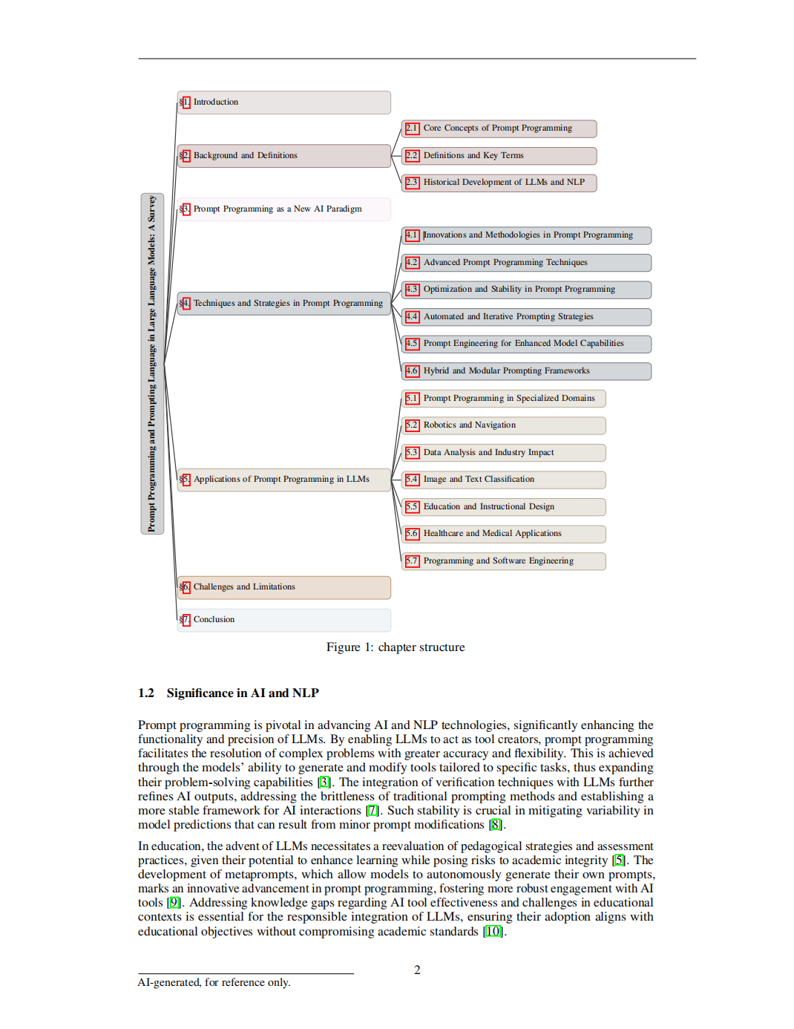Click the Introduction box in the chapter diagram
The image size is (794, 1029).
tap(284, 102)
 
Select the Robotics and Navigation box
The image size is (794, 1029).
tap(504, 425)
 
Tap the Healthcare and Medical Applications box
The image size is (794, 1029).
tap(504, 534)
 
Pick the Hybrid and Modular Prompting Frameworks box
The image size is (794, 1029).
tap(526, 371)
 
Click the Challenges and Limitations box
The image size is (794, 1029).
tap(284, 587)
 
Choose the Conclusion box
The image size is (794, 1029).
tap(284, 620)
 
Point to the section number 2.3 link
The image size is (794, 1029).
tap(412, 183)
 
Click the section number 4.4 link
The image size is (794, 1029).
tap(412, 317)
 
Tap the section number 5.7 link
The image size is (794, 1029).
tap(412, 561)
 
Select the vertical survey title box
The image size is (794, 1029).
tap(152, 364)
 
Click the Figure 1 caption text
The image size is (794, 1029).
tap(396, 647)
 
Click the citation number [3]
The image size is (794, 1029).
tap(324, 783)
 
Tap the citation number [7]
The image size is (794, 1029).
tap(373, 811)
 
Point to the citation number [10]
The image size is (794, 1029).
tap(493, 932)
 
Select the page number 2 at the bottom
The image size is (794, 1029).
tap(417, 970)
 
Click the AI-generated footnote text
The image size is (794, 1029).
tap(214, 983)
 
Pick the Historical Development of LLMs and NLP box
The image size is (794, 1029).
tap(499, 183)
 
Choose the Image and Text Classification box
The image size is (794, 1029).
tap(504, 480)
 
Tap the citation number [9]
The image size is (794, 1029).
tap(174, 903)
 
